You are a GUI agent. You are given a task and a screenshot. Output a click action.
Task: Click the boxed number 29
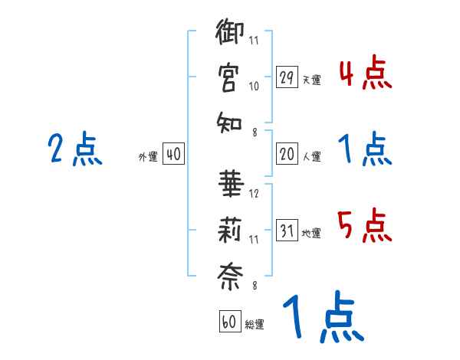286,77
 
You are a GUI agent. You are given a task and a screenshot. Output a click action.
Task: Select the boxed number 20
286,154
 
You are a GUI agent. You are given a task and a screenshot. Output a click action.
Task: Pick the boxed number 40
173,154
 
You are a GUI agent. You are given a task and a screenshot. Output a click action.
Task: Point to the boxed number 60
228,322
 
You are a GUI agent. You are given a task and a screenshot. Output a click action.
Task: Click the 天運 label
310,80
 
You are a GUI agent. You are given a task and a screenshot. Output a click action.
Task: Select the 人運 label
310,156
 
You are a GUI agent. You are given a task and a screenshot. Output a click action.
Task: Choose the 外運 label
148,156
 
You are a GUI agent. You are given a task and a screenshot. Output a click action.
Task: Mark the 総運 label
255,324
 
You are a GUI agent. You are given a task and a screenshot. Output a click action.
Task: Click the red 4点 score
366,74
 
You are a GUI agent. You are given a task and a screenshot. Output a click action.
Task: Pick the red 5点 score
366,226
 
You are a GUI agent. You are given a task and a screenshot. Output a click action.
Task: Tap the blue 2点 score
75,149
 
